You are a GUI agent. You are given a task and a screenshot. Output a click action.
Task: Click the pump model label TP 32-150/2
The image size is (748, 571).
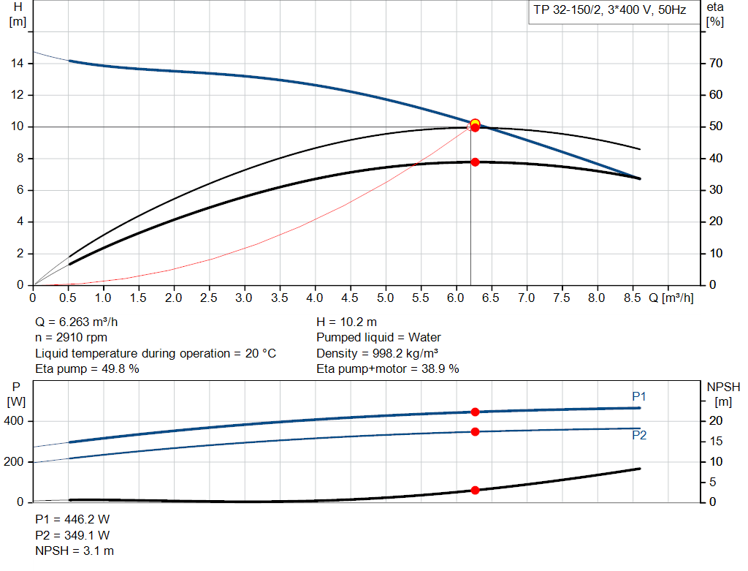point(566,12)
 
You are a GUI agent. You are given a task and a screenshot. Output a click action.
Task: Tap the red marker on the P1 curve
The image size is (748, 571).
point(475,412)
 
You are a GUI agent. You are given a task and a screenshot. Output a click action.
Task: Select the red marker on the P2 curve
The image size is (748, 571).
point(475,431)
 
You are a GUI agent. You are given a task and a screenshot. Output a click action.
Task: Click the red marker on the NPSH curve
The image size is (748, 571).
point(475,490)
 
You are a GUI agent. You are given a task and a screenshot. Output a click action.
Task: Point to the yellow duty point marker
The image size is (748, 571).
point(475,124)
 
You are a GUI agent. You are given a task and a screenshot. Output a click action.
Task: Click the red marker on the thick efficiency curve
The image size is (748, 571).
point(475,162)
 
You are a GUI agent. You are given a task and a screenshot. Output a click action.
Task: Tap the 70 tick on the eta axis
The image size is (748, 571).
point(715,64)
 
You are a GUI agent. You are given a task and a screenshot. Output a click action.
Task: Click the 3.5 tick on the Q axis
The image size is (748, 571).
point(279,298)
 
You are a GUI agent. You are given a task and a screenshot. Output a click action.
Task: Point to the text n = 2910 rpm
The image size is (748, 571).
point(72,337)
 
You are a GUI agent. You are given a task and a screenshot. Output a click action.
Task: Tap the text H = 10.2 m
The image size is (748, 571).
point(346,322)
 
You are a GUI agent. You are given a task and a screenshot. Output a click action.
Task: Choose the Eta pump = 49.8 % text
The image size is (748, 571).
point(87,368)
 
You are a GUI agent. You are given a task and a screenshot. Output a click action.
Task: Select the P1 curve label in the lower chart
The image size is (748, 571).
point(639,396)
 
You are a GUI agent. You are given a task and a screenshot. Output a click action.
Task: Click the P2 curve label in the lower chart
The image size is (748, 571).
point(639,435)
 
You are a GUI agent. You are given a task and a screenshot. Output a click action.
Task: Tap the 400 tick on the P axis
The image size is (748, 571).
point(15,421)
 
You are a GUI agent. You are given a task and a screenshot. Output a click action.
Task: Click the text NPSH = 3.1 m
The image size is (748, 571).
point(75,551)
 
